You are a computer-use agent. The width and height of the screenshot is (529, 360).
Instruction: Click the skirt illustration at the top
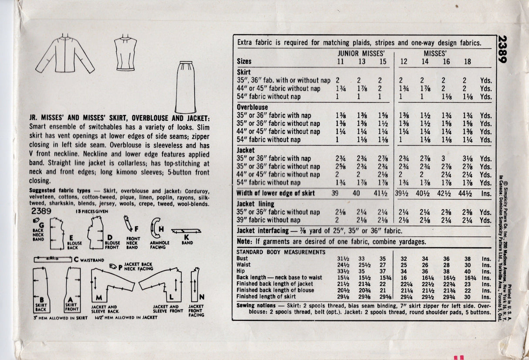point(186,87)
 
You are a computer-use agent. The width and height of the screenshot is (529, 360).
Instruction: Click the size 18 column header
point(467,61)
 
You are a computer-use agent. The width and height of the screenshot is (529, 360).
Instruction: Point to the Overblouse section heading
point(252,107)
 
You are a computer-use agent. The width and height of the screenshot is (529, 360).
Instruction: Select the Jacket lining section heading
point(255,204)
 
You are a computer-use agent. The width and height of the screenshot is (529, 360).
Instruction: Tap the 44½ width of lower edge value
point(467,193)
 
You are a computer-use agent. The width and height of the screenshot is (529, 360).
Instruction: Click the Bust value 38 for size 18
point(467,258)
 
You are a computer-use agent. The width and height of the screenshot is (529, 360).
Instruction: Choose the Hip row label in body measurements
point(241,271)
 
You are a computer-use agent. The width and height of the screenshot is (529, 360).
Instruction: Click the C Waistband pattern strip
point(53,259)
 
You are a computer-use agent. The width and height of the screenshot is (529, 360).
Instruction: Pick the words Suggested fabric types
point(59,190)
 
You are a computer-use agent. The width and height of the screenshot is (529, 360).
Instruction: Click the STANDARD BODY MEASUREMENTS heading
point(281,252)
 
